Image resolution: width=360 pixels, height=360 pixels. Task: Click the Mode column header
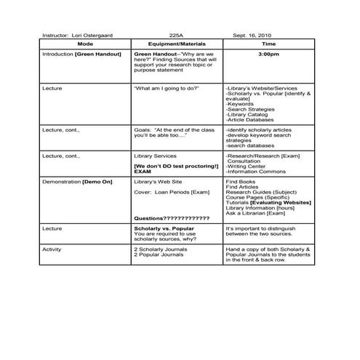tap(85, 44)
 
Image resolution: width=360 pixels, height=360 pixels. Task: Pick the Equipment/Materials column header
tap(177, 44)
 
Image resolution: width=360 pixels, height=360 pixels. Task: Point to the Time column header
tap(269, 44)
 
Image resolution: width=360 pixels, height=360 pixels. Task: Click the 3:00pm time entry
tap(269, 54)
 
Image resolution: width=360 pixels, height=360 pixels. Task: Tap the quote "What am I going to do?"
tap(167, 88)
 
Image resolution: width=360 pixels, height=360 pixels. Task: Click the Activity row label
tap(52, 249)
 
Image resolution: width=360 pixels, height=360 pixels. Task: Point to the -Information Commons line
tap(256, 171)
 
